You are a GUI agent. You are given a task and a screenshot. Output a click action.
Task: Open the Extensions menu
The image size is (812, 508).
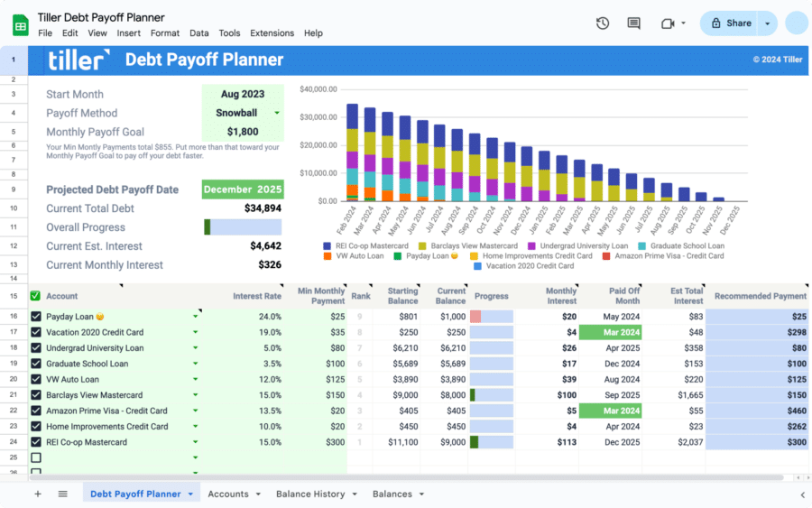click(x=272, y=33)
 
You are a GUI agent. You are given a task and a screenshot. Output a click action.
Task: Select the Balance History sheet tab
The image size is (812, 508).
click(x=310, y=494)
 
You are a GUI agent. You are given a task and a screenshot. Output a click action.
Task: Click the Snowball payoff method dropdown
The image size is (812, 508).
click(x=243, y=113)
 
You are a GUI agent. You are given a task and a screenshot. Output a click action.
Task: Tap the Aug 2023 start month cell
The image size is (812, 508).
click(x=243, y=94)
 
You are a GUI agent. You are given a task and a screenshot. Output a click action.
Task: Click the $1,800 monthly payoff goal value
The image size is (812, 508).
click(x=243, y=132)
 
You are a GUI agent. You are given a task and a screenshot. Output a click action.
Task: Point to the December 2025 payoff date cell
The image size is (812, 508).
click(x=243, y=189)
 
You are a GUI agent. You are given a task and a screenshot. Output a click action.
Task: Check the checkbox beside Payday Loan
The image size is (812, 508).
click(x=36, y=317)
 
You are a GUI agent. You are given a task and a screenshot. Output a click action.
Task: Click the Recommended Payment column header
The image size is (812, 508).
click(x=760, y=296)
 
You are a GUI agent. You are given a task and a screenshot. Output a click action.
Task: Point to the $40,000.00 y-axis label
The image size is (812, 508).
click(x=318, y=89)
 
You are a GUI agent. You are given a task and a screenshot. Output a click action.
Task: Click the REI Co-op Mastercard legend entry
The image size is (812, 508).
click(x=366, y=245)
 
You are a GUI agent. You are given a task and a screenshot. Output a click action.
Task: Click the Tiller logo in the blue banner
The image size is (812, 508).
click(x=78, y=60)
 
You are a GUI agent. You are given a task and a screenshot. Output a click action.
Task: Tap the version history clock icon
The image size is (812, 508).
click(x=603, y=23)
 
